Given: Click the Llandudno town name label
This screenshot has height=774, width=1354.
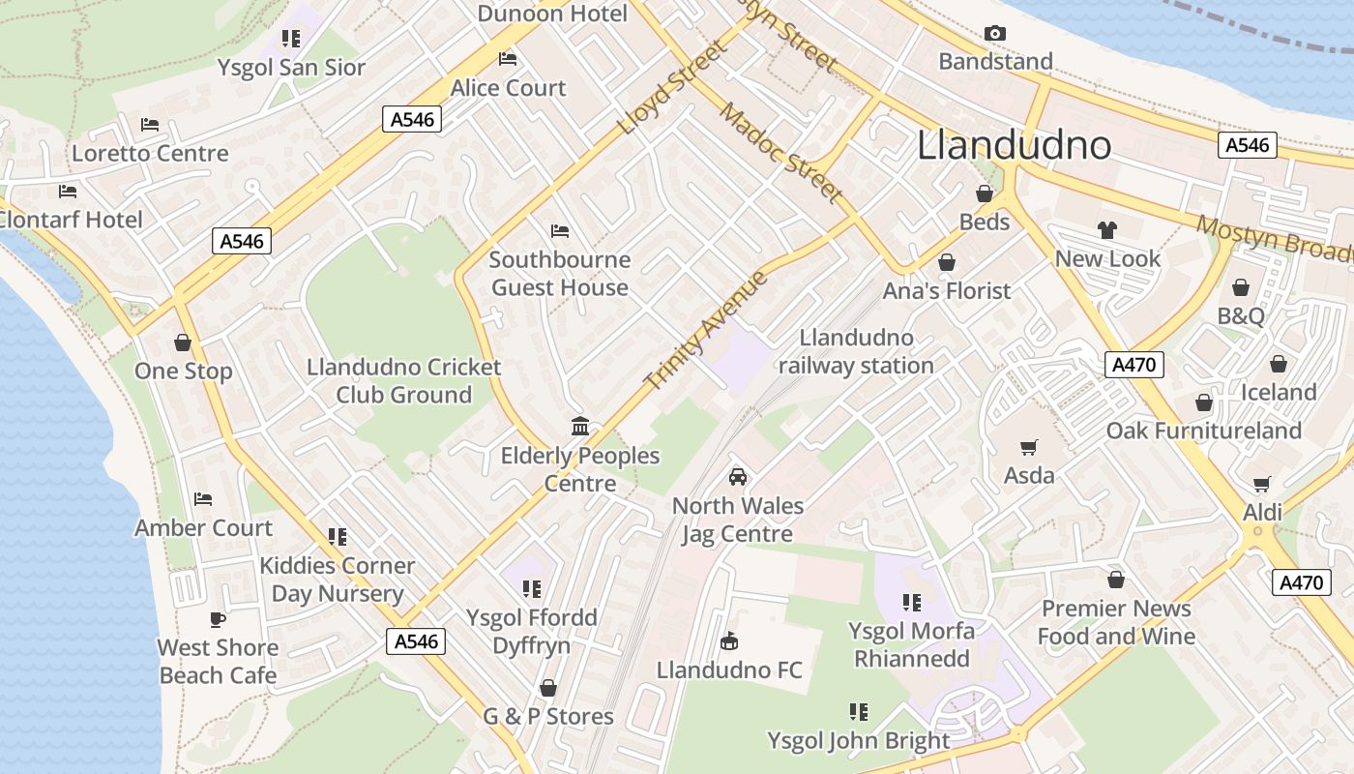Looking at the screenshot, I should [1014, 145].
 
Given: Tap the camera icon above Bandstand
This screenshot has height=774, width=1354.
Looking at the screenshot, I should [994, 34].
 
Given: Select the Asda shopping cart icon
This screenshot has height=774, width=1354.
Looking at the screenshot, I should [1028, 448].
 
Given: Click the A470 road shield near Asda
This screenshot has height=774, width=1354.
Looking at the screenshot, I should [1133, 365].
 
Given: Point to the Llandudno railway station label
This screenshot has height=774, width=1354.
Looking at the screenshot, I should [856, 351].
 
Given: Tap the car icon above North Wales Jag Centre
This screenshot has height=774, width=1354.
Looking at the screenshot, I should [737, 477].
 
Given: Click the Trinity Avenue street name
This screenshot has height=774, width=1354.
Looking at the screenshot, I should [706, 331].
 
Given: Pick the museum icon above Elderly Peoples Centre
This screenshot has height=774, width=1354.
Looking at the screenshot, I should [580, 427].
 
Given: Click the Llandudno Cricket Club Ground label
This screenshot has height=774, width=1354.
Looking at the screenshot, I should [403, 381].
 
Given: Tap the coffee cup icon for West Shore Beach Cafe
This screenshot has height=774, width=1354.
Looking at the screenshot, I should [218, 619].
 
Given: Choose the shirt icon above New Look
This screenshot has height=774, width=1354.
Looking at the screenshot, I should [1107, 230].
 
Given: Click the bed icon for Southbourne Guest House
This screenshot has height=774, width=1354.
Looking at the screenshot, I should [559, 231].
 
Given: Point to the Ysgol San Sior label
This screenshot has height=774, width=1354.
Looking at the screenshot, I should [291, 67].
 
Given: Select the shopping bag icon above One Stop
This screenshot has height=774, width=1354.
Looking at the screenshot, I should [183, 342].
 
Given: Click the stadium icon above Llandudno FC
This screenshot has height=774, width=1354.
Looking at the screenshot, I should [729, 641].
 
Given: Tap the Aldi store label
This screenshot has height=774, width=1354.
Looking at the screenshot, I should [1262, 512].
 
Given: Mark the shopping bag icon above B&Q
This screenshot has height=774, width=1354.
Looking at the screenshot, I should [1240, 287].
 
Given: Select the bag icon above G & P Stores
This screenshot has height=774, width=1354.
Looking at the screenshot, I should [548, 688].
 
